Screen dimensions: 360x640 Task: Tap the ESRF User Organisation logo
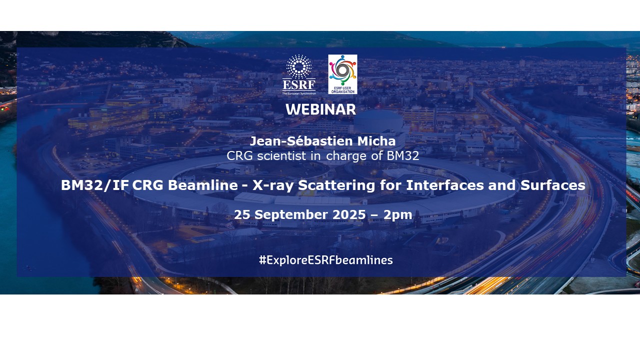(342, 74)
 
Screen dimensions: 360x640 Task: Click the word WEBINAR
(320, 110)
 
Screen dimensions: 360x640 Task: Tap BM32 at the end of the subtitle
(402, 156)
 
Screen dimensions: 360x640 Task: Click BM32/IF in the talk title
(94, 185)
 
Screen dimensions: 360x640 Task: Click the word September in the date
(292, 215)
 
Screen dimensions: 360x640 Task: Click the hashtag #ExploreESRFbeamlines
(325, 260)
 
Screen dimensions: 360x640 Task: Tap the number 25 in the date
(242, 215)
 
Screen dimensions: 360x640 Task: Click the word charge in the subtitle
(350, 156)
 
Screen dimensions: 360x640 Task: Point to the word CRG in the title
(147, 185)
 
